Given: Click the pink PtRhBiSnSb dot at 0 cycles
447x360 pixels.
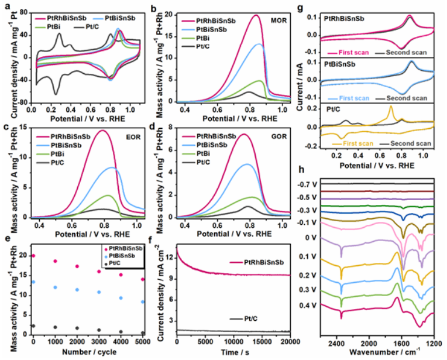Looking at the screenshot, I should click(33, 256).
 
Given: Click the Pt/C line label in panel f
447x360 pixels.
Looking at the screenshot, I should click(236, 318).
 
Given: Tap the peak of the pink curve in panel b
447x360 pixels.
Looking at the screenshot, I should click(256, 16).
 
